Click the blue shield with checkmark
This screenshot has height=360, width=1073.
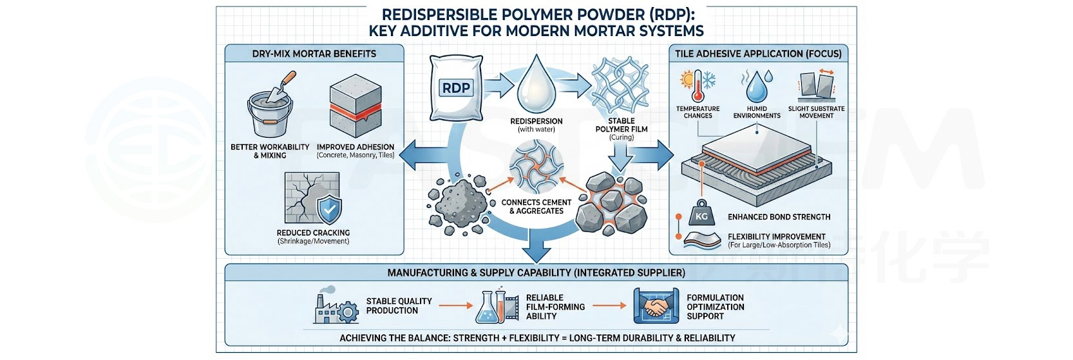329,209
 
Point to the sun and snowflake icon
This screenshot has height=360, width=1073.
698,86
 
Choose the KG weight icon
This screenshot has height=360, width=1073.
701,214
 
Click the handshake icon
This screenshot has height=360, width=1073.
656,306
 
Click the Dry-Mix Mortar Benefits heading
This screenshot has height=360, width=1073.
314,53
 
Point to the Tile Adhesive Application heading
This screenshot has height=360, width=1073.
758,53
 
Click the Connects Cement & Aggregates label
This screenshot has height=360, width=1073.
536,207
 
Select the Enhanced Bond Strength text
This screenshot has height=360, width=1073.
779,217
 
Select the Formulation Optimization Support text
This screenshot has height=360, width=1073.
715,307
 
